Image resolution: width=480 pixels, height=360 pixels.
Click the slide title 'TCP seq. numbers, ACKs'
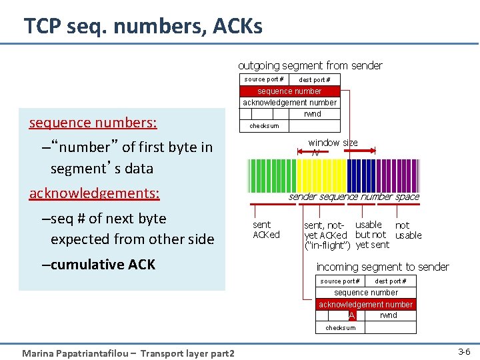click(x=143, y=26)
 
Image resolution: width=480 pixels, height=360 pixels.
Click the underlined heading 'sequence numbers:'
click(x=93, y=123)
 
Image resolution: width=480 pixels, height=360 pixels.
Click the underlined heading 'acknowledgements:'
click(x=94, y=193)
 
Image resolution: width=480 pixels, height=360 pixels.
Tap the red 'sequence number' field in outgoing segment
click(x=289, y=91)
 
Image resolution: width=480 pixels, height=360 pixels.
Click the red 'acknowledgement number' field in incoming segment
click(x=365, y=304)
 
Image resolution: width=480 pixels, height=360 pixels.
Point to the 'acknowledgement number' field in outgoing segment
click(x=289, y=103)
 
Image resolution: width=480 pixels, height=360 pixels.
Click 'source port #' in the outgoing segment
click(x=263, y=79)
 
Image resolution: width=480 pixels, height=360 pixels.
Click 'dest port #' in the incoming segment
click(x=390, y=281)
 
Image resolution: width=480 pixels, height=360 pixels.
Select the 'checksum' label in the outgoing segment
click(x=264, y=126)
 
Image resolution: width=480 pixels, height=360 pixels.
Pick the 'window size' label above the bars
click(x=333, y=143)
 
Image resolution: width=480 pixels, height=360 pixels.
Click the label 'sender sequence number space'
click(x=353, y=197)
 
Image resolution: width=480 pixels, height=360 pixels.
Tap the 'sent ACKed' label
click(x=266, y=230)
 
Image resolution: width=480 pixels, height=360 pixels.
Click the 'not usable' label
click(x=408, y=231)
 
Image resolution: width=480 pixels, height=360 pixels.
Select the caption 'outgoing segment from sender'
click(x=310, y=65)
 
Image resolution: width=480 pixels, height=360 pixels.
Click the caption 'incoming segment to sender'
click(x=382, y=267)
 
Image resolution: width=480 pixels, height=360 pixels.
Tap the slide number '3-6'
click(x=463, y=351)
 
